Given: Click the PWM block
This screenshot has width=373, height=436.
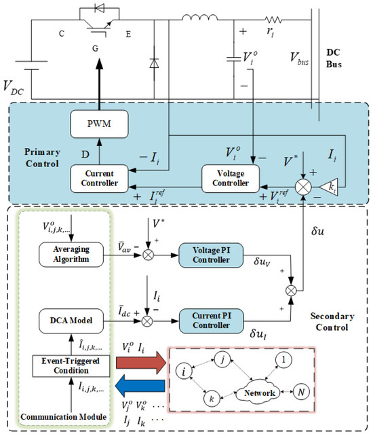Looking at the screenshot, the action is pos(99,124).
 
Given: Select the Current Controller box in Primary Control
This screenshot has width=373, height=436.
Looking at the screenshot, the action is pos(99,179).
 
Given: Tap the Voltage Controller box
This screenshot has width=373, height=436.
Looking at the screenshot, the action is pos(231,179).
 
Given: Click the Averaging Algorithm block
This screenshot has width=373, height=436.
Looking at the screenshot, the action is pos(71,255).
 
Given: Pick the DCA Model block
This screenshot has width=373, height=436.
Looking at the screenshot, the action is pos(71,321).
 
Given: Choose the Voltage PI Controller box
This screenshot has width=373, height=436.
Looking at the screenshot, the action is pos(211,255).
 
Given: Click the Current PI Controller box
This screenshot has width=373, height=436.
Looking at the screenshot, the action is pos(211,321).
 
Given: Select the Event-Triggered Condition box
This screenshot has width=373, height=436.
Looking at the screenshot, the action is pos(71,366).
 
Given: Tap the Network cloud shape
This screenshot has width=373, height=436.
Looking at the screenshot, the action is pos(258,393).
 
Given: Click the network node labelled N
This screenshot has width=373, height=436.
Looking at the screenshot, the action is pos(301,392).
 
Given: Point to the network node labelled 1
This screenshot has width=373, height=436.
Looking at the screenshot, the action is pos(283,359).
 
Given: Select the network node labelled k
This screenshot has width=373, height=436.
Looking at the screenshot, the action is pos(212,399).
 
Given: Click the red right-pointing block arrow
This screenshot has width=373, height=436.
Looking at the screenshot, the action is pos(141,363).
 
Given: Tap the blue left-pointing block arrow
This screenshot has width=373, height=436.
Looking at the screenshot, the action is pos(140,385).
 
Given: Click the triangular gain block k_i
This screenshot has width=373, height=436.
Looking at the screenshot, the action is pos(328,187).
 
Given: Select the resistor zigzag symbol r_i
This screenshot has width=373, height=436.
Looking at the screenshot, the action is pos(273,20).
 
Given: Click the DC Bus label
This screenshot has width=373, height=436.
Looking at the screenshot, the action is pos(334,58).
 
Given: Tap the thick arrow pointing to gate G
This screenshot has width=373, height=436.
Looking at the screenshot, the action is pos(99,84).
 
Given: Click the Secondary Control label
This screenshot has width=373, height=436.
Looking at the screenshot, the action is pos(332,322).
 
